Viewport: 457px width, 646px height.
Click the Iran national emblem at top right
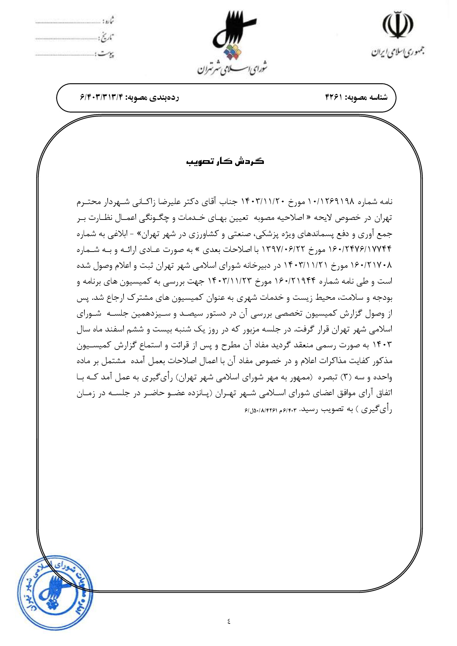pos(397,25)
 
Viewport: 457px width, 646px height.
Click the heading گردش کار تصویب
pos(225,162)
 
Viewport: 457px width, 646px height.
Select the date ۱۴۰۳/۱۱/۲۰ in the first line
pos(263,201)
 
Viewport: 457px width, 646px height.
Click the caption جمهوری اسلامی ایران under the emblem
pos(397,52)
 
